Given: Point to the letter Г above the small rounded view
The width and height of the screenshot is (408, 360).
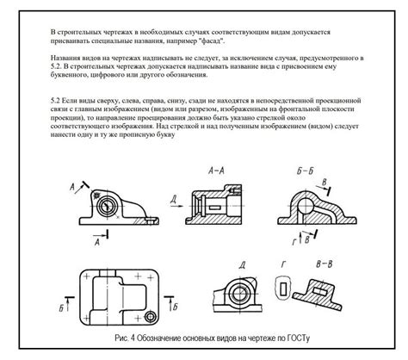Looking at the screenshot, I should [x=281, y=264].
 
